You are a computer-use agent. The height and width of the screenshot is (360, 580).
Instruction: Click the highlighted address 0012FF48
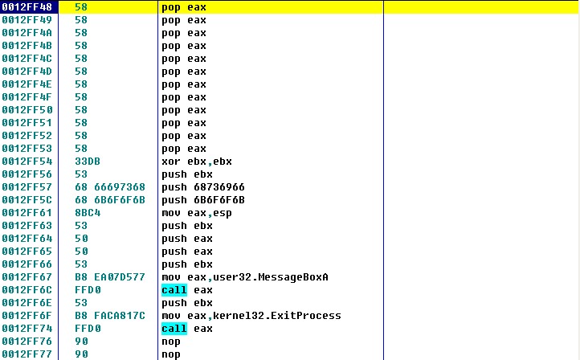(x=27, y=7)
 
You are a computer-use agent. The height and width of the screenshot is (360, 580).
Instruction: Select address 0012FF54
(x=27, y=162)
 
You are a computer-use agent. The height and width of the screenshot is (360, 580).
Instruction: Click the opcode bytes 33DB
(x=88, y=162)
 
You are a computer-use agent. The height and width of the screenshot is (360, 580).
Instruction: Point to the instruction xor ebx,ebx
(x=197, y=162)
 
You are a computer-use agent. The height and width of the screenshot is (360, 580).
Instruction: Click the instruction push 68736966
(x=203, y=187)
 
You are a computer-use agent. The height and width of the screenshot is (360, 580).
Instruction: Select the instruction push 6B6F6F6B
(x=203, y=200)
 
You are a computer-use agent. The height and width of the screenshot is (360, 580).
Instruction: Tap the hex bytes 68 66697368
(x=110, y=187)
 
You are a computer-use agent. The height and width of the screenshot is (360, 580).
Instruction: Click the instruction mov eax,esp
(x=197, y=213)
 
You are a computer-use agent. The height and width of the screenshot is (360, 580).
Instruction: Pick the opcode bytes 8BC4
(x=88, y=213)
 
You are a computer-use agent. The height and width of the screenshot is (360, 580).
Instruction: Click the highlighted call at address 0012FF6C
(x=174, y=290)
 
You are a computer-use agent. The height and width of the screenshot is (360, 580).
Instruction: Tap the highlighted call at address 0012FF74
(x=174, y=329)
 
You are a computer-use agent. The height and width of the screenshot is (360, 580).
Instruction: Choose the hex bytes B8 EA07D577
(x=110, y=277)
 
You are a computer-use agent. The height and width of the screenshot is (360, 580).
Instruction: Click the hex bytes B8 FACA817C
(x=110, y=316)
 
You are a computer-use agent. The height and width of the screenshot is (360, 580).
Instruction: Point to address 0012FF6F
(x=27, y=316)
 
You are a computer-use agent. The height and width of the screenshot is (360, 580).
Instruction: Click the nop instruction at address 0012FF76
(x=171, y=342)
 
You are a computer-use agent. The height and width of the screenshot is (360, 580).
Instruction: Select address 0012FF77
(x=27, y=354)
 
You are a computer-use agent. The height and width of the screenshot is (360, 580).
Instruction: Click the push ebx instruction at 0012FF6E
(x=187, y=303)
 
